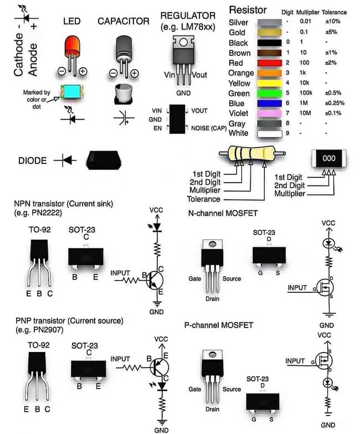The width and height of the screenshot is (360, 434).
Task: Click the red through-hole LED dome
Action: click(73, 46)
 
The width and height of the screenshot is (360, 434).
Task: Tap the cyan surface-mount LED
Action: click(71, 92)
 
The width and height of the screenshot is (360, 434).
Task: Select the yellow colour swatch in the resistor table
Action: click(269, 83)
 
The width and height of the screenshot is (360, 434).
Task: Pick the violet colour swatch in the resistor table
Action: click(269, 113)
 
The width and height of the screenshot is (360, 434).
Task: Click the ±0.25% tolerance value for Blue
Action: click(335, 103)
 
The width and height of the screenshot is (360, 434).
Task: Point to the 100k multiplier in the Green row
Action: click(306, 93)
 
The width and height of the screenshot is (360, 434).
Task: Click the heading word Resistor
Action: click(248, 10)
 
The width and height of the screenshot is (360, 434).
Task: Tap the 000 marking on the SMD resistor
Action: click(329, 158)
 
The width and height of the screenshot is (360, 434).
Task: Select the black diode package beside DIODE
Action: click(103, 160)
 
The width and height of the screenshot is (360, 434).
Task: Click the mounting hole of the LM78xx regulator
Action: click(183, 42)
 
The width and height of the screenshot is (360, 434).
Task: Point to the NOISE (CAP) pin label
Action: click(209, 128)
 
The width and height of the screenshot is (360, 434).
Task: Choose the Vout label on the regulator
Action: click(199, 75)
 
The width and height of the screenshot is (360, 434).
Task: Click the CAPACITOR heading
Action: click(124, 21)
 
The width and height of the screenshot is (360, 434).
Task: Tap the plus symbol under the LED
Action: click(83, 71)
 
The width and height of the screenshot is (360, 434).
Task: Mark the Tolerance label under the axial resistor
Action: click(204, 199)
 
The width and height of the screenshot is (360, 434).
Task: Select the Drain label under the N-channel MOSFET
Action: click(213, 299)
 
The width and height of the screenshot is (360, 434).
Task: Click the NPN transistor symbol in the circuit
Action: click(155, 280)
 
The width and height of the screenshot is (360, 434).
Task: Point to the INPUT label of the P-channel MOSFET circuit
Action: click(295, 361)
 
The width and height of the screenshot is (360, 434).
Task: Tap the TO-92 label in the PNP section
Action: click(39, 345)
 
